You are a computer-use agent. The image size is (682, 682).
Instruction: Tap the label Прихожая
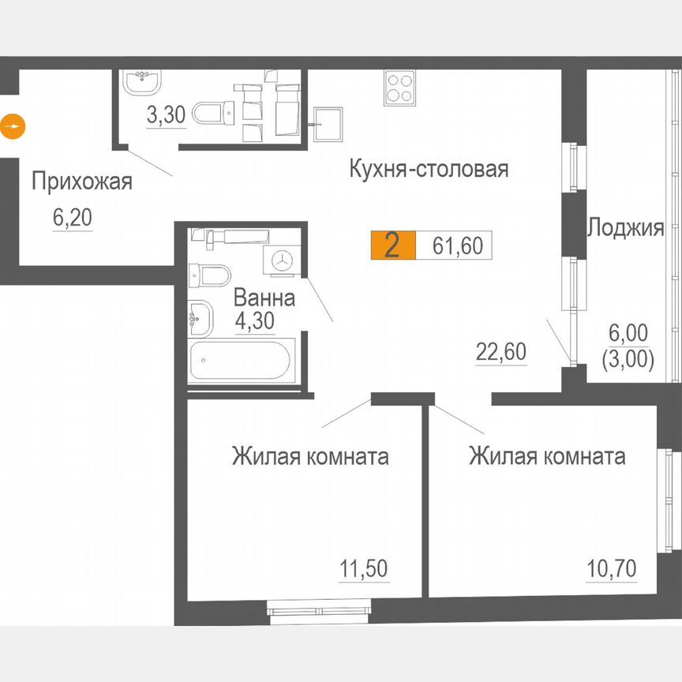pyautogui.click(x=81, y=182)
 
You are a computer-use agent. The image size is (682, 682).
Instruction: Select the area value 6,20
pyautogui.click(x=73, y=218)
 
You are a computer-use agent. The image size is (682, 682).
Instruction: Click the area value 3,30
pyautogui.click(x=166, y=115)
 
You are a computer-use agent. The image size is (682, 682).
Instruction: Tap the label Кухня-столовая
pyautogui.click(x=428, y=169)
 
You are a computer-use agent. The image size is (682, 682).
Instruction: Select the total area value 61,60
pyautogui.click(x=457, y=246)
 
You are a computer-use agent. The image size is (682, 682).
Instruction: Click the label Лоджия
pyautogui.click(x=624, y=229)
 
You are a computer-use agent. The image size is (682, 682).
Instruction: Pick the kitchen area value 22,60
pyautogui.click(x=500, y=352)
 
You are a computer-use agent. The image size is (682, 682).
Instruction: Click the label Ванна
pyautogui.click(x=264, y=298)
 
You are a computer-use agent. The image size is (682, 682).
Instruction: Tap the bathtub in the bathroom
pyautogui.click(x=240, y=362)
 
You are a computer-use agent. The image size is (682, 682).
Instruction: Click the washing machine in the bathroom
pyautogui.click(x=281, y=258)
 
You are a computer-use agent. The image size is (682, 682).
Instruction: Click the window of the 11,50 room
pyautogui.click(x=319, y=609)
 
